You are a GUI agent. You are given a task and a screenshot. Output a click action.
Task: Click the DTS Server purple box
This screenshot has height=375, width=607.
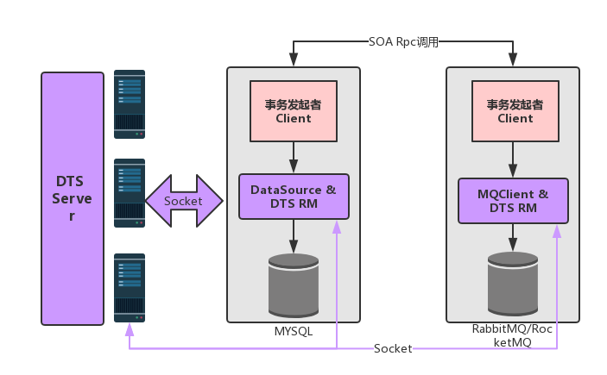(73, 199)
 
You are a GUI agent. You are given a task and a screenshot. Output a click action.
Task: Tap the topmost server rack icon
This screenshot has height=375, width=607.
(130, 104)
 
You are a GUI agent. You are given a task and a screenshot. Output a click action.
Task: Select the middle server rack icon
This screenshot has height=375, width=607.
(130, 193)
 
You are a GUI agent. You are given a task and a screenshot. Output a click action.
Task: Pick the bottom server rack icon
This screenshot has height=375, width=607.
(130, 288)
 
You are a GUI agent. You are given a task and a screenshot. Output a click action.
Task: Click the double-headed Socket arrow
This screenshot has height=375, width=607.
(184, 201)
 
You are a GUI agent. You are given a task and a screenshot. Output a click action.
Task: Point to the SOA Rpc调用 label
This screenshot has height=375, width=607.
(403, 41)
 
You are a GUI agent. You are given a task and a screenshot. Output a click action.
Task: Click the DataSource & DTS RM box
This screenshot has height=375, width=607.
(294, 197)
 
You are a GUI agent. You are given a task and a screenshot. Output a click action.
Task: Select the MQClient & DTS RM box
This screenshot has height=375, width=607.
(514, 201)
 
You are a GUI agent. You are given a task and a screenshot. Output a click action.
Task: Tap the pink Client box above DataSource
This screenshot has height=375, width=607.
(294, 111)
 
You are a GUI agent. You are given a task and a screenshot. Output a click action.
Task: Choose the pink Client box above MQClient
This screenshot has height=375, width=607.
(515, 111)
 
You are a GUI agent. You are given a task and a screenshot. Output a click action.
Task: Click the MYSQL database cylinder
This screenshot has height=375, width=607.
(294, 285)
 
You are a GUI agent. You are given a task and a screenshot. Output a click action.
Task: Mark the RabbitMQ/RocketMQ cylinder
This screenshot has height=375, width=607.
(513, 284)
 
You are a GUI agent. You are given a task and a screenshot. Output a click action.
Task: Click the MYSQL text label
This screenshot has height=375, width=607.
(294, 332)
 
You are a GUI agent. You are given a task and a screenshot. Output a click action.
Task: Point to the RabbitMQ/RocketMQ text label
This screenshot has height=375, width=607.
(512, 335)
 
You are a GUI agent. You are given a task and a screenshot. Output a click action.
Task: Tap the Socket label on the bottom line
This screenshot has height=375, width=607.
(393, 349)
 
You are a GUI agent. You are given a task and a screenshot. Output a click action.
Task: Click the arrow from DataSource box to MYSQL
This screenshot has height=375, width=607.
(294, 236)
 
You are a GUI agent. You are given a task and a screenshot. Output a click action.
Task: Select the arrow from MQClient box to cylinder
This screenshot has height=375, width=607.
(513, 237)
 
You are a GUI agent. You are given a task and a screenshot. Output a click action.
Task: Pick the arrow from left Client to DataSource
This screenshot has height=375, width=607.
(294, 158)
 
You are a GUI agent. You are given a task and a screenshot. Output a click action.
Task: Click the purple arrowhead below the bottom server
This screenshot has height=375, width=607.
(130, 329)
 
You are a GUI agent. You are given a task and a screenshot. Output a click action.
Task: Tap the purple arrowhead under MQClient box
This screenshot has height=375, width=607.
(557, 231)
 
